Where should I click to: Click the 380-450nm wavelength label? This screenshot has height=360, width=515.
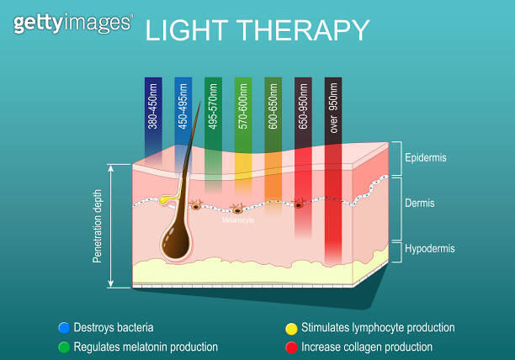coord(153,109)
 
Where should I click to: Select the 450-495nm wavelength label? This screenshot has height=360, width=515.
coord(183,109)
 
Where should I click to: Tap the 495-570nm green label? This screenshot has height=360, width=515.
coord(214,109)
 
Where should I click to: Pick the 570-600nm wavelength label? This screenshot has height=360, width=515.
coord(243,109)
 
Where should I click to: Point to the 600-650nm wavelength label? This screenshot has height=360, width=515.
coord(273,109)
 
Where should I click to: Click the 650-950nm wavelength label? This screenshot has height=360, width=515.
coord(304,109)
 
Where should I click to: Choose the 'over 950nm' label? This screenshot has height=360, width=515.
coord(334,109)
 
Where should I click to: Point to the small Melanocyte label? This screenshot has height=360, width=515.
coord(238,220)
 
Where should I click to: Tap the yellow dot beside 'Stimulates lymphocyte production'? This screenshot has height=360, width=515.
coord(292,327)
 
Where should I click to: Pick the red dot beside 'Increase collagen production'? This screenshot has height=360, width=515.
coord(292,347)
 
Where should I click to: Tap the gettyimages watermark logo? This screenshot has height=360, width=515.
coord(72,23)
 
